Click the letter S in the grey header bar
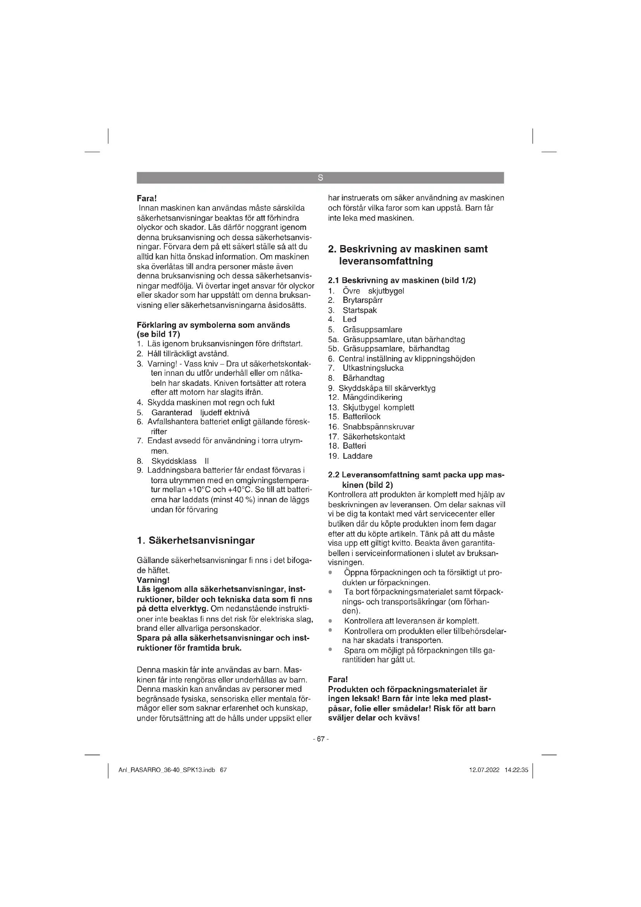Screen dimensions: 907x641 coord(320,178)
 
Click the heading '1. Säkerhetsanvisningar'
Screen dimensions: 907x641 coord(195,541)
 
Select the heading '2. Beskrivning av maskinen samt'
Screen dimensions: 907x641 coord(408,249)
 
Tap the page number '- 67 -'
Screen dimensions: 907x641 coord(320,739)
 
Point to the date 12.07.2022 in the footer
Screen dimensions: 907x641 coord(484,771)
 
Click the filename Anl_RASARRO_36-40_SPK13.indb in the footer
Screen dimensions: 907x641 coord(167,771)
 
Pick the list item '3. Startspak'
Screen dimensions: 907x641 coord(352,310)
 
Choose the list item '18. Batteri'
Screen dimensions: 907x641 coord(347,446)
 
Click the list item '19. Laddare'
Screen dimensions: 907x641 coord(350,456)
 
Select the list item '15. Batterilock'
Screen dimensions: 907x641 coord(354,416)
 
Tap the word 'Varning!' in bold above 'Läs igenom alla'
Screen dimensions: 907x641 coord(153,580)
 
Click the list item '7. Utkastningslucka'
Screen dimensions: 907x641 coord(366,368)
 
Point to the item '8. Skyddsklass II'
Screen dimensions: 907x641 coord(173,461)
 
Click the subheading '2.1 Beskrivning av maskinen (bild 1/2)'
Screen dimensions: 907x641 coord(402,280)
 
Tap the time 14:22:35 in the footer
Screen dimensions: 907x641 coord(516,771)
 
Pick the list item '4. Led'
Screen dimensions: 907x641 coord(342,319)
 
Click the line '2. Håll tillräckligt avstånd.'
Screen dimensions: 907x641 coord(183,354)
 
